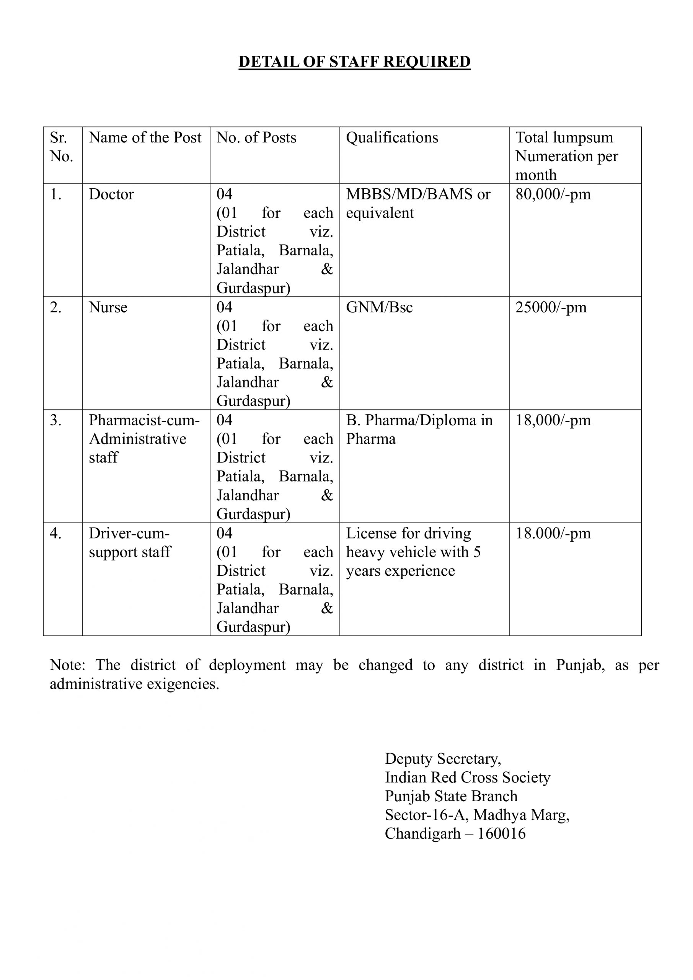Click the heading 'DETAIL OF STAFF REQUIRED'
click(354, 62)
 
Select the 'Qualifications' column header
click(392, 137)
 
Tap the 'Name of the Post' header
click(145, 137)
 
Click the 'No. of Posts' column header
click(256, 137)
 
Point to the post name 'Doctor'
click(111, 194)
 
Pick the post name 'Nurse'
click(108, 307)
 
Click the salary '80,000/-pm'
click(553, 194)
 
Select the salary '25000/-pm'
click(551, 307)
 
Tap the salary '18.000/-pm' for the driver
click(553, 534)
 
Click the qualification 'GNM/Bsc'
click(379, 307)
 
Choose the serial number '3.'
click(55, 420)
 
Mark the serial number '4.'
click(55, 534)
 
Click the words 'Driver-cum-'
click(129, 534)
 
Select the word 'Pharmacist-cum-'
click(144, 420)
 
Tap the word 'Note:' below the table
click(67, 665)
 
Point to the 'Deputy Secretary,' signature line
click(442, 758)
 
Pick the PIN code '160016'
click(501, 834)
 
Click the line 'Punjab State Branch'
click(451, 796)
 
